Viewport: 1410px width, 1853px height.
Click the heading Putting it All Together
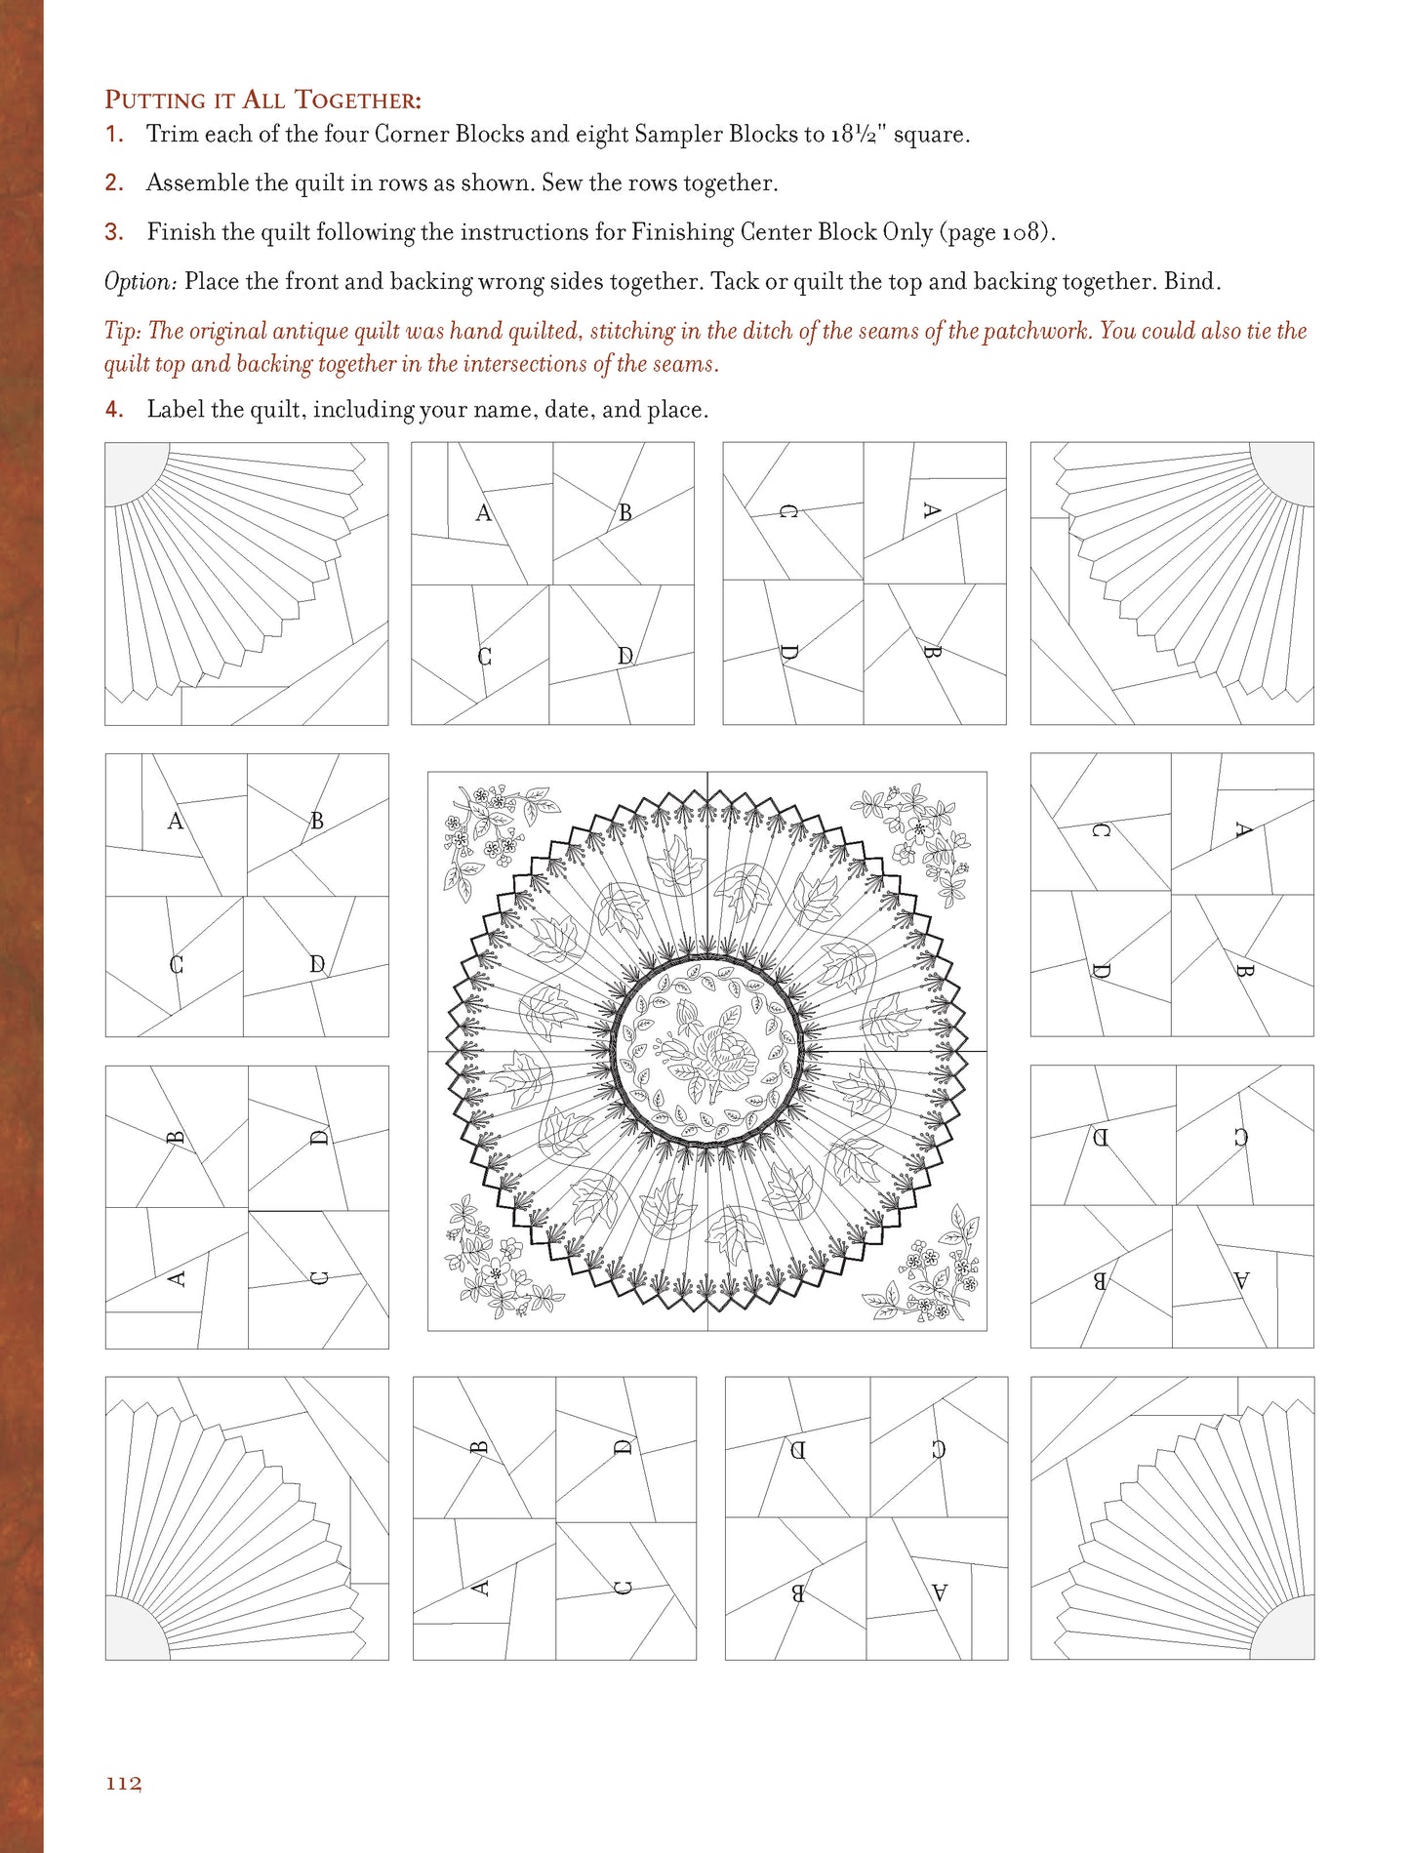(x=262, y=100)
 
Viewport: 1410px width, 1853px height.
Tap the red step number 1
(x=114, y=135)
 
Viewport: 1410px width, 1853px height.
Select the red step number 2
(x=114, y=183)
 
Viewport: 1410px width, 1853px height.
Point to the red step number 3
(x=114, y=232)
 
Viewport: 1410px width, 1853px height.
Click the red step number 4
(x=114, y=410)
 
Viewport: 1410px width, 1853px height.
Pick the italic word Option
(x=140, y=282)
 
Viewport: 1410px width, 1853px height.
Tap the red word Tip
(x=121, y=331)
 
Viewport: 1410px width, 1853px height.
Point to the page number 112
(x=124, y=1783)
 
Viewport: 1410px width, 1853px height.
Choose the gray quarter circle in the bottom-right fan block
(x=1286, y=1631)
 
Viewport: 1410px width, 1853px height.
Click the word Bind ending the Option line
(x=1192, y=282)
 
